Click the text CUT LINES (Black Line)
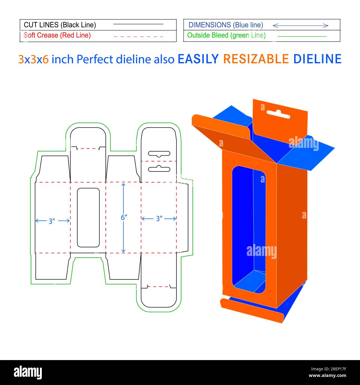(x=60, y=25)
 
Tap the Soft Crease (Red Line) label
(x=57, y=35)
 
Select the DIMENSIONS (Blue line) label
(x=226, y=25)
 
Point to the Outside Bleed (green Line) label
(x=226, y=35)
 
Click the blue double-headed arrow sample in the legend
(x=300, y=25)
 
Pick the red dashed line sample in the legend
(x=138, y=37)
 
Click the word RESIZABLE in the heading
(x=256, y=59)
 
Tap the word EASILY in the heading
(x=198, y=59)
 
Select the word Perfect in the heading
(x=95, y=59)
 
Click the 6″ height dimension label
(x=124, y=218)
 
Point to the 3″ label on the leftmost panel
(x=52, y=221)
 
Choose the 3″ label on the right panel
(x=159, y=219)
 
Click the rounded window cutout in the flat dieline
(x=88, y=217)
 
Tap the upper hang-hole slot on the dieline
(x=159, y=153)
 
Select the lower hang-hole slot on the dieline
(x=159, y=169)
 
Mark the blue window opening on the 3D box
(x=249, y=230)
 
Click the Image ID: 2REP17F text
(x=329, y=369)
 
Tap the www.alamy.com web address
(x=327, y=376)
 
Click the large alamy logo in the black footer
(x=28, y=373)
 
